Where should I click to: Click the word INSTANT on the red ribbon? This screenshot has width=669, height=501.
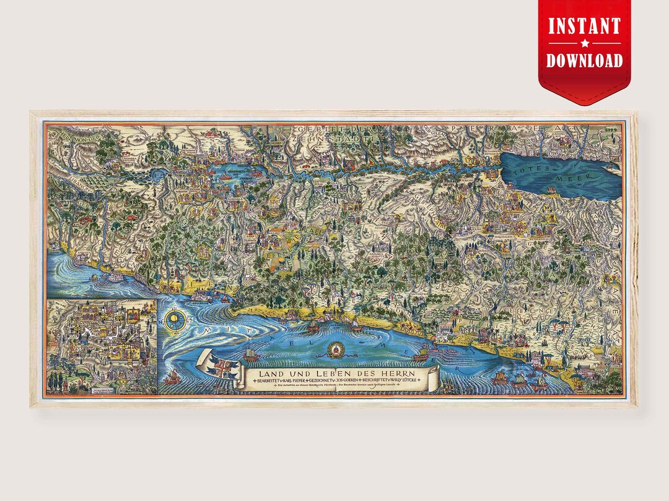(584, 27)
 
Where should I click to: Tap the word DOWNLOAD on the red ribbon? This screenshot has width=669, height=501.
(584, 60)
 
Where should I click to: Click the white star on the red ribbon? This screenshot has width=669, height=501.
(584, 43)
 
